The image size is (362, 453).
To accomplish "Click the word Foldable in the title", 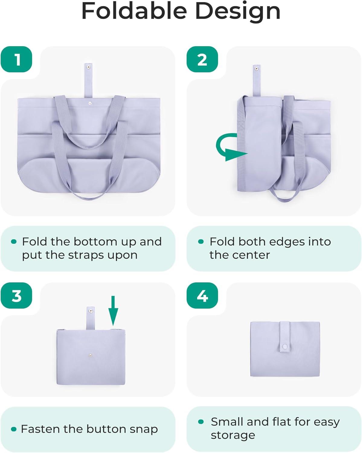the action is pyautogui.click(x=134, y=11).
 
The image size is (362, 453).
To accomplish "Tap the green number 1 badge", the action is pyautogui.click(x=16, y=59).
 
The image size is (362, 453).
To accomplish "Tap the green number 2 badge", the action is pyautogui.click(x=202, y=59).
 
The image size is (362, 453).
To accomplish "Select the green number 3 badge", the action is pyautogui.click(x=16, y=295).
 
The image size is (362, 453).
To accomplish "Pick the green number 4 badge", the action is pyautogui.click(x=202, y=295).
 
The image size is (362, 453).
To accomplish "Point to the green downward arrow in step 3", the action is pyautogui.click(x=113, y=311).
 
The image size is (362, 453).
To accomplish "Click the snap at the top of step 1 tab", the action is pyautogui.click(x=88, y=67).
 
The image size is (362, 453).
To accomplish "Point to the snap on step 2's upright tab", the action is pyautogui.click(x=256, y=69).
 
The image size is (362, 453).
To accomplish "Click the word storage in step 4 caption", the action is pyautogui.click(x=233, y=435).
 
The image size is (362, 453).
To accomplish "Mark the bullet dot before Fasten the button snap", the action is pyautogui.click(x=14, y=429).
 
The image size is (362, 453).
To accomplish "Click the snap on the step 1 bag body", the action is pyautogui.click(x=90, y=103).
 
